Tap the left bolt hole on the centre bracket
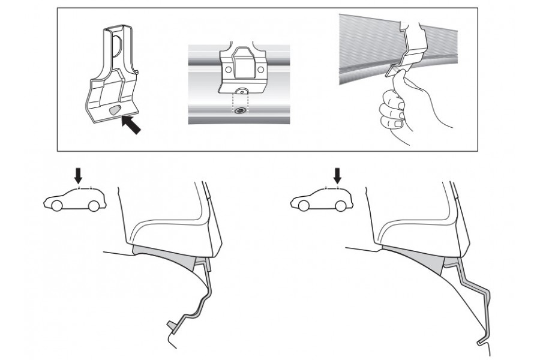[228, 70]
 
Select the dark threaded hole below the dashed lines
[240, 112]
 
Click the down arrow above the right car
[338, 175]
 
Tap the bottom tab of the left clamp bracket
[172, 326]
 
